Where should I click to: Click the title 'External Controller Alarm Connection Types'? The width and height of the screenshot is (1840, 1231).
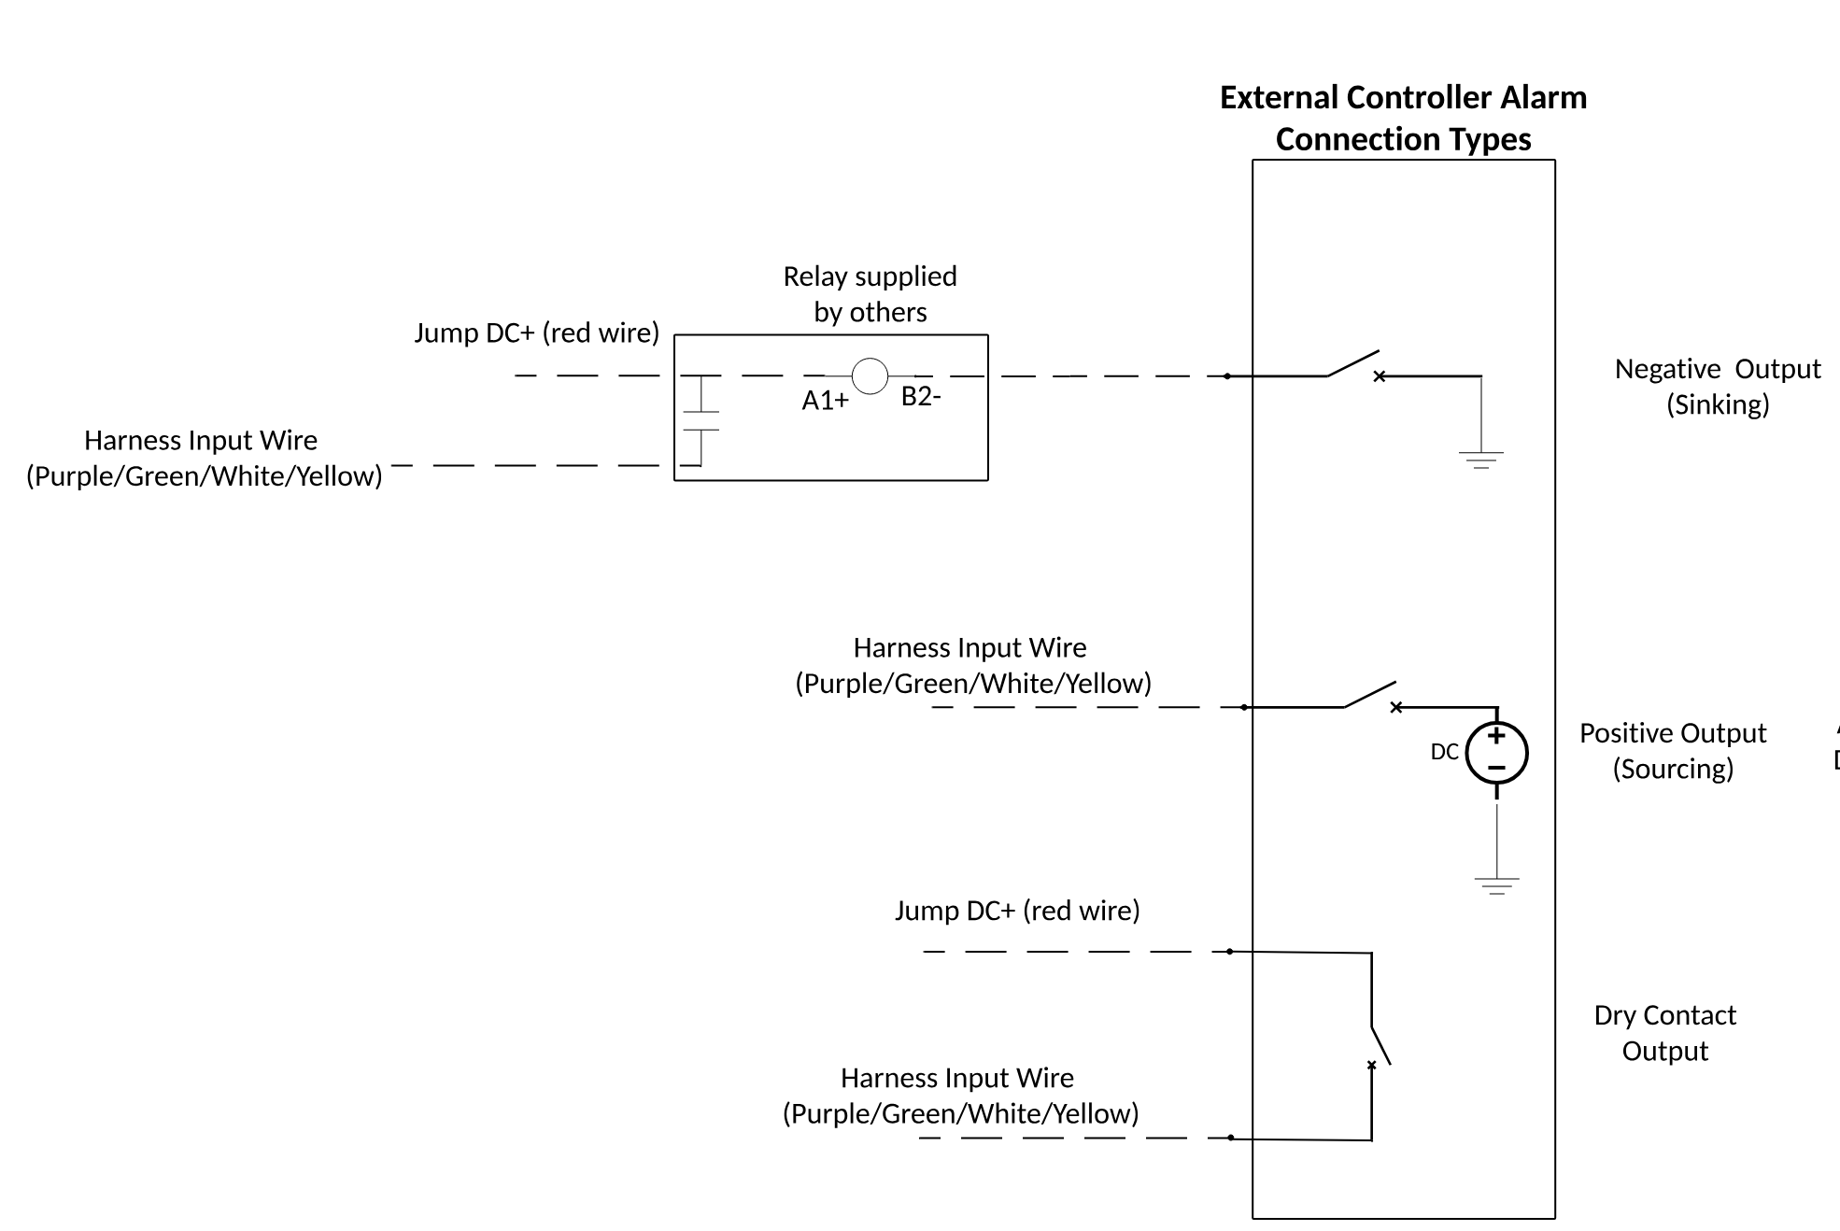click(1403, 118)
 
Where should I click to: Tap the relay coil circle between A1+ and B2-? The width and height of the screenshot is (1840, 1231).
click(870, 376)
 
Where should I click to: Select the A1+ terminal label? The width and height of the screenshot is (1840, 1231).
click(825, 401)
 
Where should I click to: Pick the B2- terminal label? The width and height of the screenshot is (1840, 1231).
click(920, 397)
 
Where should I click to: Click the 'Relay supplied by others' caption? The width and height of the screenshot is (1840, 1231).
click(870, 293)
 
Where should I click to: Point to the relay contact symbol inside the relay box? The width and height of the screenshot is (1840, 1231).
click(701, 421)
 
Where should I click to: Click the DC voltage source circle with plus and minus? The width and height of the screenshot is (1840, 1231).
click(1496, 753)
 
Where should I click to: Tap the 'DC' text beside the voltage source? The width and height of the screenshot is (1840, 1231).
click(1444, 752)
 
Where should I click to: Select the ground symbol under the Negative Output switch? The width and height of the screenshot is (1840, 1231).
click(1480, 460)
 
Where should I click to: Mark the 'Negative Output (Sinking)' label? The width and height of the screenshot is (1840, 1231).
click(1717, 386)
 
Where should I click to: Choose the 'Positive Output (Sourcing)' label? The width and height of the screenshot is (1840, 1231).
click(1672, 750)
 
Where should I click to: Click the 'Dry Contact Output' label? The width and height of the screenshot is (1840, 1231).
click(1664, 1032)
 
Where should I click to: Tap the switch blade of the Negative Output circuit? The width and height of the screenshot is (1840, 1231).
click(1353, 363)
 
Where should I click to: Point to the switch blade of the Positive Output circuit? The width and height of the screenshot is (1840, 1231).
click(1369, 695)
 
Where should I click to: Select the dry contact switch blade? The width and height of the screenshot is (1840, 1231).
click(1380, 1045)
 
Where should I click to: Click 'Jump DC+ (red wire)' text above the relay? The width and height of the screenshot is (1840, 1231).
click(536, 333)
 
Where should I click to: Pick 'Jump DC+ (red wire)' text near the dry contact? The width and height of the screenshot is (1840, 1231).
click(1017, 910)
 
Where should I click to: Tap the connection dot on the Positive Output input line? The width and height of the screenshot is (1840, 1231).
click(1244, 707)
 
